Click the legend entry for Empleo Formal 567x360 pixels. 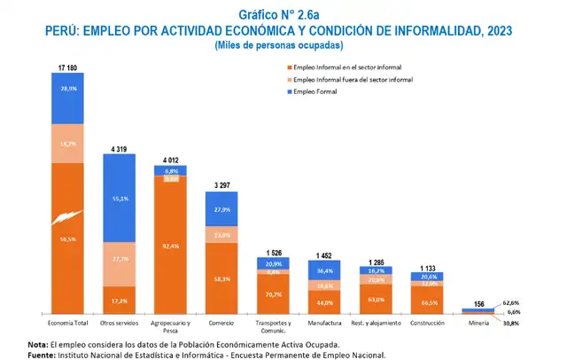click(319, 91)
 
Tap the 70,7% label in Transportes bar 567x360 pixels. click(273, 294)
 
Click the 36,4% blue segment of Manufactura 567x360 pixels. click(324, 270)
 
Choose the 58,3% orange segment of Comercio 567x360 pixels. click(221, 278)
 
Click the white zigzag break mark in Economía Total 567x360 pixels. click(67, 219)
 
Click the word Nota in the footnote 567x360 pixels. click(38, 343)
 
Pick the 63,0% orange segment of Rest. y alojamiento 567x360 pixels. click(376, 299)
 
